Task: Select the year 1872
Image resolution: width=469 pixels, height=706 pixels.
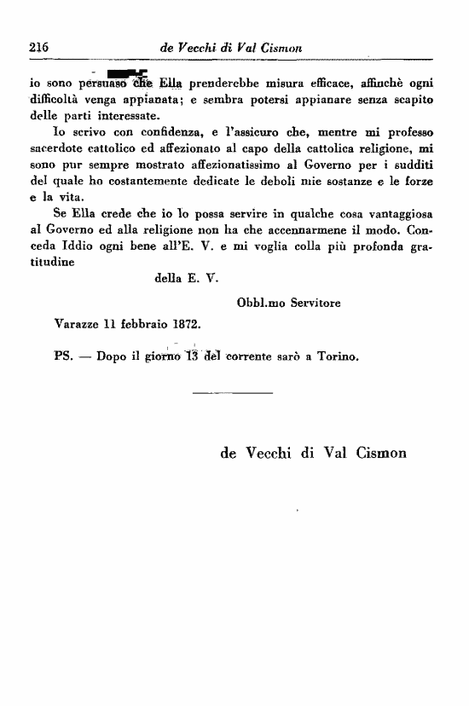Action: [185, 324]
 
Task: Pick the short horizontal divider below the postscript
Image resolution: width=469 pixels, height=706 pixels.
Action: [232, 392]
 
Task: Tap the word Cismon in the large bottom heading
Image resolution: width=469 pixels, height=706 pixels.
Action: [374, 453]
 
